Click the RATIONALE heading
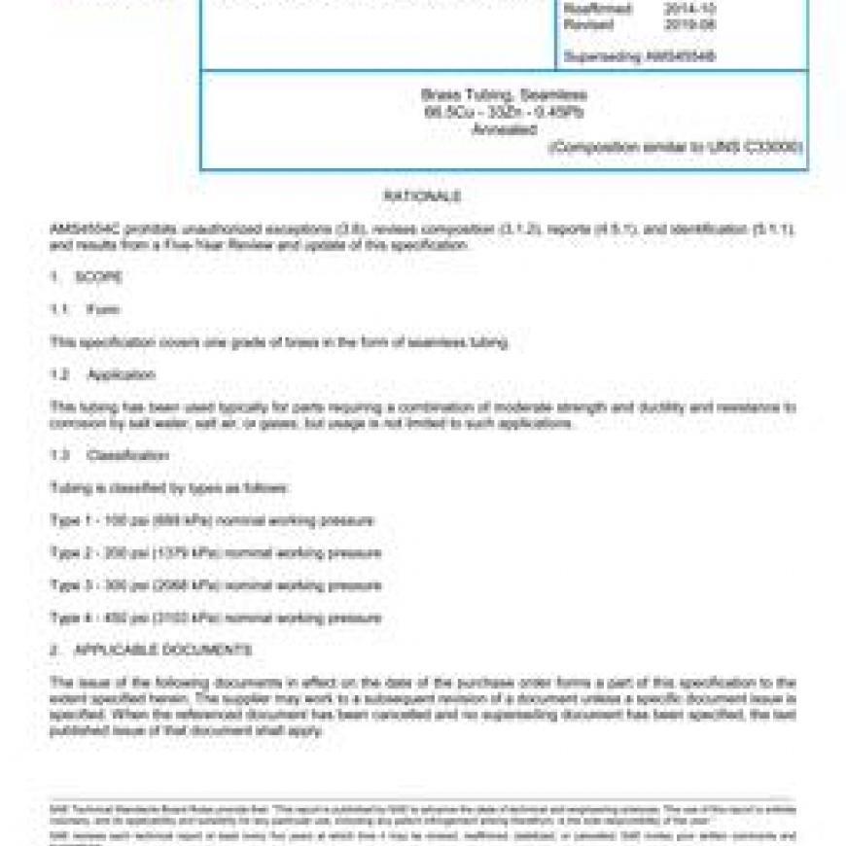click(x=422, y=196)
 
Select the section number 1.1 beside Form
click(x=60, y=310)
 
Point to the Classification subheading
click(x=128, y=455)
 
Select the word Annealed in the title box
click(x=504, y=128)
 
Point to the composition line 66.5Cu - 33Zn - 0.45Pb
click(x=504, y=112)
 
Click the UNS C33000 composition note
click(x=675, y=147)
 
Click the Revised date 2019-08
click(x=687, y=24)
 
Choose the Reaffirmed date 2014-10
click(x=687, y=10)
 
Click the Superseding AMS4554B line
click(x=639, y=56)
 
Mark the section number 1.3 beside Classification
click(x=60, y=455)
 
